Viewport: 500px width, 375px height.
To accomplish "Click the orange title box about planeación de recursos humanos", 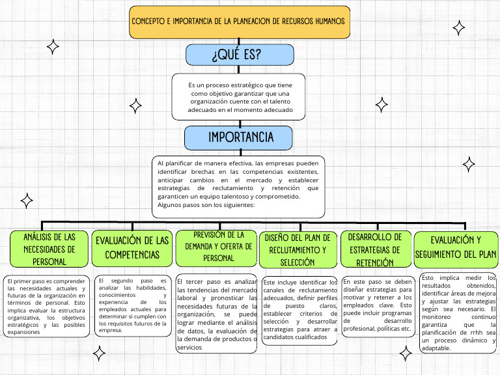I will point(239,21).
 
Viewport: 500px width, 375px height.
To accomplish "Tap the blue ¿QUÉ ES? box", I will point(236,56).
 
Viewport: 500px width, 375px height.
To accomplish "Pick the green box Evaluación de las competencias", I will point(132,248).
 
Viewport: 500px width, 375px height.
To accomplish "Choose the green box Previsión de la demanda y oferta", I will point(218,246).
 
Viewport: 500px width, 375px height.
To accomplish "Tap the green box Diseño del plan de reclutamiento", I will point(299,249).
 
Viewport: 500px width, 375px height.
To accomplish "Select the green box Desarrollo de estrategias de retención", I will point(375,249).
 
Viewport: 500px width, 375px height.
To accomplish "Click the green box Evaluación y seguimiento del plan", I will point(456,247).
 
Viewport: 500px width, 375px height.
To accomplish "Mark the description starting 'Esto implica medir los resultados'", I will point(459,312).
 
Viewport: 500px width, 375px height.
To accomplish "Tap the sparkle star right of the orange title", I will point(459,27).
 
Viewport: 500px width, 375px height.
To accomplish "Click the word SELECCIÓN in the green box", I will point(299,262).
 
